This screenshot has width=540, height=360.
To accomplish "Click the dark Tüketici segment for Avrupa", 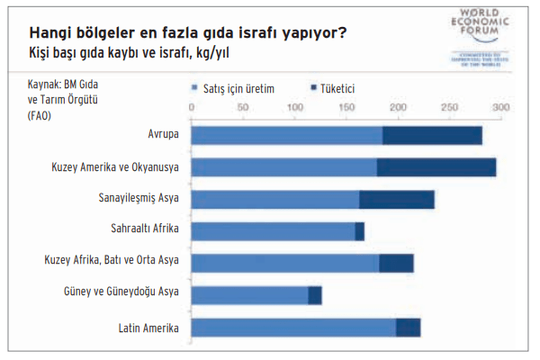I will coord(432,136).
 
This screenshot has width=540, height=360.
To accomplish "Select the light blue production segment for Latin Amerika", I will coord(293,328).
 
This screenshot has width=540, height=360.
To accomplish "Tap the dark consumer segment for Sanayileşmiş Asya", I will coord(396,200).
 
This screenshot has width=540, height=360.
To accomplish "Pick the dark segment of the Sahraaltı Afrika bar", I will coord(359,231).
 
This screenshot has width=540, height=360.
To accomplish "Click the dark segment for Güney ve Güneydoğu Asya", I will coord(314,295).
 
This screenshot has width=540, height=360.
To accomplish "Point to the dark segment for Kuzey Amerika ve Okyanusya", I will coord(436,167).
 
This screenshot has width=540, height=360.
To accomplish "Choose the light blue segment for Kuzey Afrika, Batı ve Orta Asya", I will coord(285,263).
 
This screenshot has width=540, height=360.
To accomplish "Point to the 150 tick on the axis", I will coord(346,107).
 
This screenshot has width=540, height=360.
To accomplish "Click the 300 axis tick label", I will coord(500,107).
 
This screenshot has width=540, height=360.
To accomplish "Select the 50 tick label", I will coord(242,107).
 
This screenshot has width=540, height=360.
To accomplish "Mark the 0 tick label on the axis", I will coord(192,107).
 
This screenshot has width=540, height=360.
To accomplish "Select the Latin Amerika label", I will coord(149,327).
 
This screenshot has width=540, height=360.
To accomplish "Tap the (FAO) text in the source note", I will coord(40,115).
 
